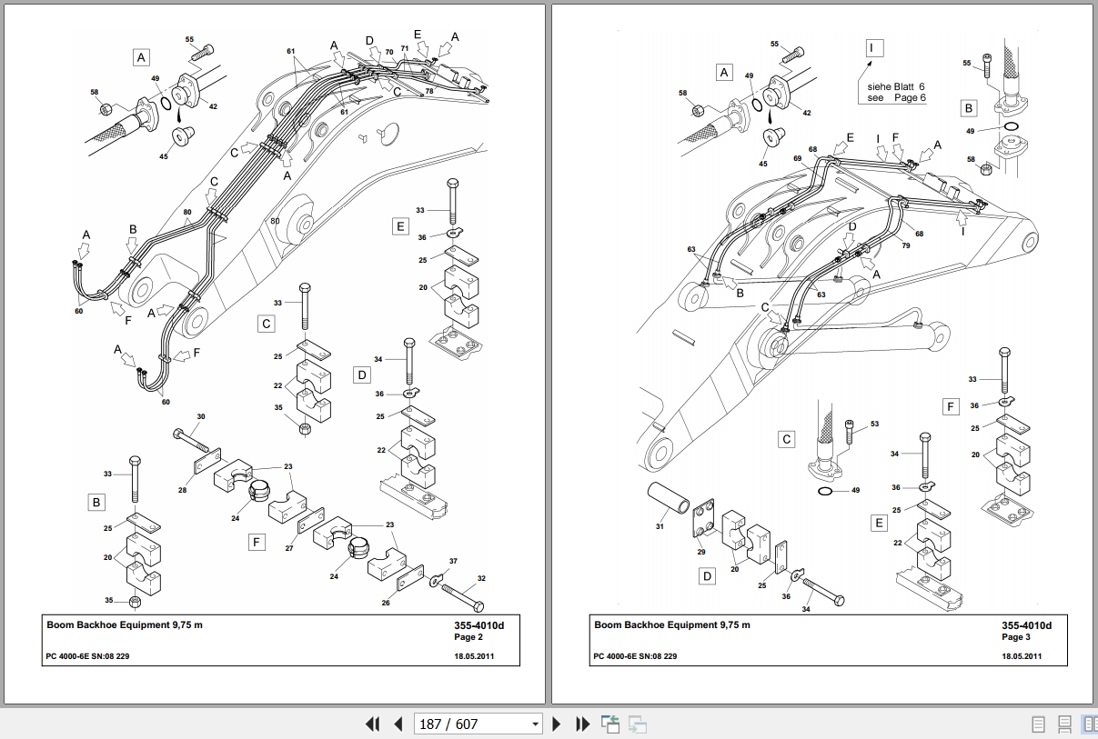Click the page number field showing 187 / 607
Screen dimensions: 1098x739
coord(478,724)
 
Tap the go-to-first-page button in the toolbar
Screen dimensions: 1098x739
coord(373,724)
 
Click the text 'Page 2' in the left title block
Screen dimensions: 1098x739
coord(468,636)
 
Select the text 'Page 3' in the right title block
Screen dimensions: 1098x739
coord(1015,636)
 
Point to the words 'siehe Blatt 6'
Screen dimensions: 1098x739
coord(895,86)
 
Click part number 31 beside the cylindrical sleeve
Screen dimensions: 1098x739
coord(660,526)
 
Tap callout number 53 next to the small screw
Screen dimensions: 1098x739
coord(874,424)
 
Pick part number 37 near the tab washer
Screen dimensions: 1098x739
coord(453,561)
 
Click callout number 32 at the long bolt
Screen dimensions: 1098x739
coord(481,578)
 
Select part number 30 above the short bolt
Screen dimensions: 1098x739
coord(201,416)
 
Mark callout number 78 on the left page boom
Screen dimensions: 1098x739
coord(429,91)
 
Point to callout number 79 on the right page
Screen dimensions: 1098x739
coord(906,245)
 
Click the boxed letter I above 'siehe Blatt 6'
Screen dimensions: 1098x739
coord(874,48)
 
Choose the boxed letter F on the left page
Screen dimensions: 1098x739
coord(257,542)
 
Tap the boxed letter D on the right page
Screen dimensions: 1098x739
coord(707,576)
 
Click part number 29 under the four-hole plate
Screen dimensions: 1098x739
coord(701,552)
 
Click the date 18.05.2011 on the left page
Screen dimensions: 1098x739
coord(474,656)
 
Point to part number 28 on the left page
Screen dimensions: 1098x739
coord(182,490)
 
